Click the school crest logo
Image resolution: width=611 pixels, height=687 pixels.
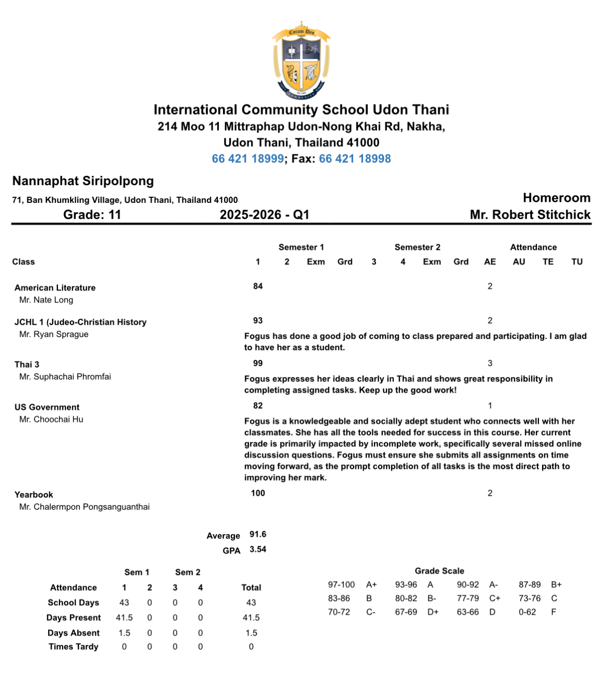(x=301, y=61)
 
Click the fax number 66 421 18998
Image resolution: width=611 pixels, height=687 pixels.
(x=355, y=159)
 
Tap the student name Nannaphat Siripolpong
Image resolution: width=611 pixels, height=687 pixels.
(x=83, y=181)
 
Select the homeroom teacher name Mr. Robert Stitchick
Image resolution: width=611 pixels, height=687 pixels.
(x=530, y=215)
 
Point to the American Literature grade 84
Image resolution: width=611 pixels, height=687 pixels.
(x=258, y=286)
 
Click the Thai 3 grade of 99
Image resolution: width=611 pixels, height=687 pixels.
(x=258, y=363)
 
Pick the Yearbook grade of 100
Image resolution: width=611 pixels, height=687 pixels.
(x=258, y=493)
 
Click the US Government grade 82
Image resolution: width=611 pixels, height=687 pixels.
(x=258, y=405)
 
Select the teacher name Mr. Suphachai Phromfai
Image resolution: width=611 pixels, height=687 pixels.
(x=65, y=377)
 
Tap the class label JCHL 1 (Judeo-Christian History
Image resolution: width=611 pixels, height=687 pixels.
(x=80, y=322)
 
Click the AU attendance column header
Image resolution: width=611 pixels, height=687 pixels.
(x=519, y=262)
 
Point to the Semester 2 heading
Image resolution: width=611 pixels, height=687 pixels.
(x=417, y=247)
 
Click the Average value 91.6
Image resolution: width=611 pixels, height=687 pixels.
(x=258, y=534)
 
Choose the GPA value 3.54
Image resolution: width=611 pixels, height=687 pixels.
(x=258, y=549)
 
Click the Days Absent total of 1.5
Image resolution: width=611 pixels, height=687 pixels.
(x=251, y=633)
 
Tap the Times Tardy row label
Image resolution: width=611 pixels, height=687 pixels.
(x=74, y=647)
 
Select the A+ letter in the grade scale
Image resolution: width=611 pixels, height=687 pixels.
(x=371, y=585)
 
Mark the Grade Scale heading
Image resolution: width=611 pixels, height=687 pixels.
(x=439, y=571)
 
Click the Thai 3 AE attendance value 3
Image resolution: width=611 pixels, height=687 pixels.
(x=490, y=363)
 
